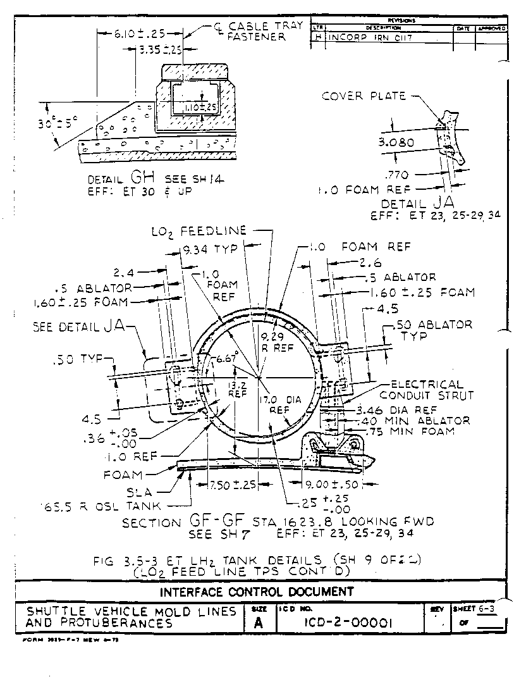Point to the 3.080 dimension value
click(396, 143)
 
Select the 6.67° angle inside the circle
click(226, 358)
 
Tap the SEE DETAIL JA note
click(79, 327)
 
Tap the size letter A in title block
click(259, 623)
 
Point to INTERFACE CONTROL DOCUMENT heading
click(256, 592)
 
